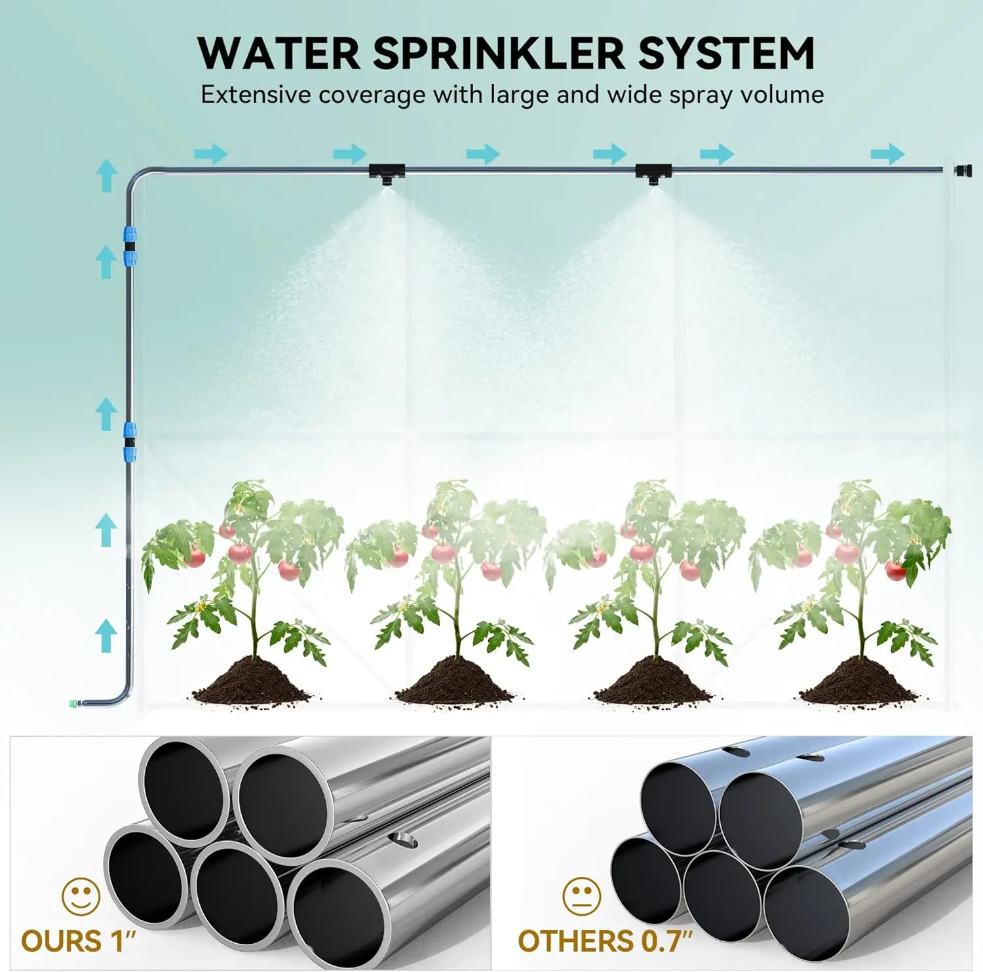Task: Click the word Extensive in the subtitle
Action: (256, 95)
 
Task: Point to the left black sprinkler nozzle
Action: (387, 174)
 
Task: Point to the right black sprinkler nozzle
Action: (653, 174)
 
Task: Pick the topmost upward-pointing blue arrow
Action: (106, 175)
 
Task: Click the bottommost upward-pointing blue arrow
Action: (106, 634)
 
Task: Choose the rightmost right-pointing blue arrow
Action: (887, 155)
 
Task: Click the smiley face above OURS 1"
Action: (81, 896)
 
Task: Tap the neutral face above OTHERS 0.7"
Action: (581, 896)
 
